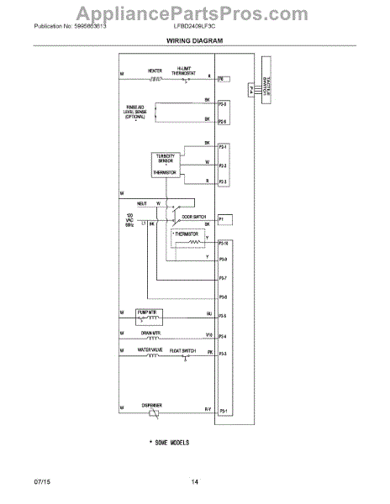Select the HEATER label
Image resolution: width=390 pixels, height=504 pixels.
(155, 71)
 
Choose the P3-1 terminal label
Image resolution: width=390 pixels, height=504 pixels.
(223, 411)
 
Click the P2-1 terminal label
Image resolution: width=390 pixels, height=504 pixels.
(223, 147)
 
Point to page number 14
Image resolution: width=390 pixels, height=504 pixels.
(194, 481)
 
